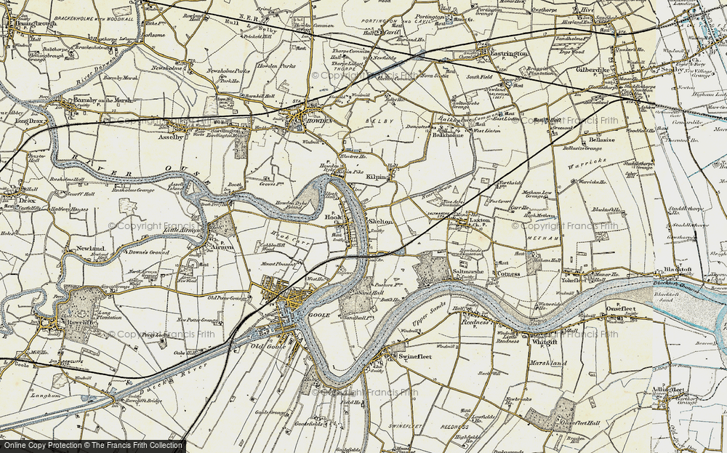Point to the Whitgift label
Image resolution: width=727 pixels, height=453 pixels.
click(x=545, y=341)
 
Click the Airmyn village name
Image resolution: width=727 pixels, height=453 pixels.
click(x=222, y=247)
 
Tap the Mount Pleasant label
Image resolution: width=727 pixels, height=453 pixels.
click(x=279, y=265)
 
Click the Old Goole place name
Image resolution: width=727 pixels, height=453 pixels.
click(x=276, y=345)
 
